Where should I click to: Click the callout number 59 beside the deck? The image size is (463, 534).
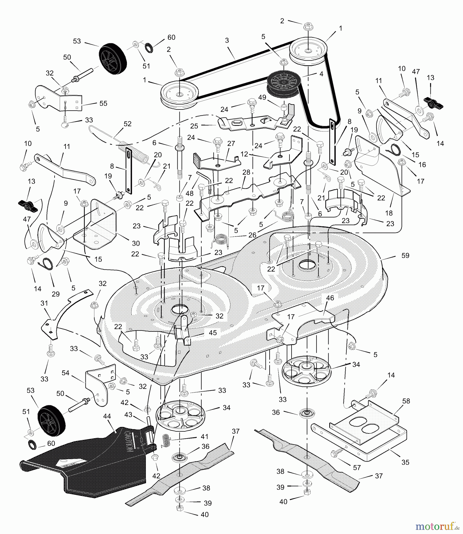tap(405, 255)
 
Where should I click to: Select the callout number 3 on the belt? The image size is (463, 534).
tap(227, 41)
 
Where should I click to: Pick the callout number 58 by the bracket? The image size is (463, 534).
tap(406, 401)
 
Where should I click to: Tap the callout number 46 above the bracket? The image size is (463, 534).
tap(330, 298)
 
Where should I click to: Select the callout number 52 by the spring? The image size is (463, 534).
tap(127, 124)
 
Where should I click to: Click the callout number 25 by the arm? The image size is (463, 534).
tap(194, 126)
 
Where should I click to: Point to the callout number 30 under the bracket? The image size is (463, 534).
tap(136, 243)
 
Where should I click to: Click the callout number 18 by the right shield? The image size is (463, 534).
tap(389, 213)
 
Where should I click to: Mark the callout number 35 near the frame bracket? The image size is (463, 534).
tap(405, 462)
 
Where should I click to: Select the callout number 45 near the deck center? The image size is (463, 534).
tap(212, 333)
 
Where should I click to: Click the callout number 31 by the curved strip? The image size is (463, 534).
tap(44, 303)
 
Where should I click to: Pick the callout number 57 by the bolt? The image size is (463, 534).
tap(357, 468)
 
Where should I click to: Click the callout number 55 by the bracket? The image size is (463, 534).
tap(103, 103)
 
